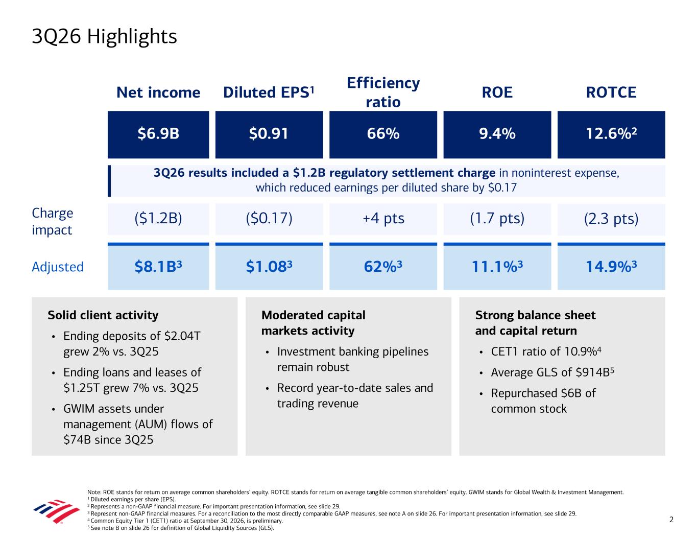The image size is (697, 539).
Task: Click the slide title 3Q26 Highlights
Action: (104, 37)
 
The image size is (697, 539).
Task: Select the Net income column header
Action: (158, 92)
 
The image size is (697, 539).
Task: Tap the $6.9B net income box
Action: (158, 134)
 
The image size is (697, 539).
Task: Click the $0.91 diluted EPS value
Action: (269, 133)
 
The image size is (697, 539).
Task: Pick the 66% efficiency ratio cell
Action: (383, 134)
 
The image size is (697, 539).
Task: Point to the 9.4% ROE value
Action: (497, 133)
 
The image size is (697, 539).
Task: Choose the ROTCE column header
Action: (611, 92)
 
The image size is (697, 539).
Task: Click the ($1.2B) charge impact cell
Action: (158, 219)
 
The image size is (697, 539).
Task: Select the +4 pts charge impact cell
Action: (383, 219)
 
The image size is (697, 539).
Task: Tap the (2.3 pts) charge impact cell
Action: (611, 219)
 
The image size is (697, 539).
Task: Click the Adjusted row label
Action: (58, 267)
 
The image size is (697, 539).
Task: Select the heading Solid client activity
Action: (103, 315)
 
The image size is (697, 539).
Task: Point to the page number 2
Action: (671, 520)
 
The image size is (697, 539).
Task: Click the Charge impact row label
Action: (52, 221)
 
